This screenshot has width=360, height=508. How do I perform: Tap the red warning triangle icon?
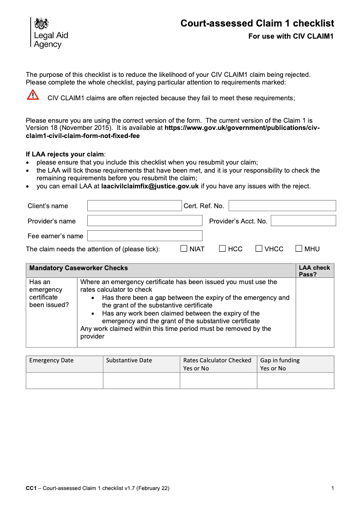point(33,95)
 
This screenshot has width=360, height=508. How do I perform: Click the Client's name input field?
point(134,206)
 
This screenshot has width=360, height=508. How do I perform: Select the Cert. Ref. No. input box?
point(282,206)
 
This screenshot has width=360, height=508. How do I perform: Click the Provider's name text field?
point(144,221)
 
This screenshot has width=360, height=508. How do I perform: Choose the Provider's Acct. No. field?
point(303,221)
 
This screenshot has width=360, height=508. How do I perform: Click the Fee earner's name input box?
point(144,236)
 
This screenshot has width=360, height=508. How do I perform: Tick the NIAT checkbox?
point(184,249)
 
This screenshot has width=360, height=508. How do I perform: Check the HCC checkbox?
point(223,249)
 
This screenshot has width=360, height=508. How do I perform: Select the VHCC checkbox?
point(259,249)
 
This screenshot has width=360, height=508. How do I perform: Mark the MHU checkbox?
point(299,249)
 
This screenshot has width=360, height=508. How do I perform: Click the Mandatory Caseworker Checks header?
point(78,268)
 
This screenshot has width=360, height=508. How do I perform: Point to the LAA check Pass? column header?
point(314,271)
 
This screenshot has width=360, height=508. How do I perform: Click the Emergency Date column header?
point(51,361)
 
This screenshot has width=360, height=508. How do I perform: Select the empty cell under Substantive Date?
point(141,380)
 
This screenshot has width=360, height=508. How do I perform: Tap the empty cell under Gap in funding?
point(295,380)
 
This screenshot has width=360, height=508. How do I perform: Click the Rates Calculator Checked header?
point(217,361)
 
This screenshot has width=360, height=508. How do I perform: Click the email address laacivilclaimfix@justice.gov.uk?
point(150,186)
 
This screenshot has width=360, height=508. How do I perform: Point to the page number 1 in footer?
point(332,488)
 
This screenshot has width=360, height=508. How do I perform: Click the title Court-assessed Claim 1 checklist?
point(257,23)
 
